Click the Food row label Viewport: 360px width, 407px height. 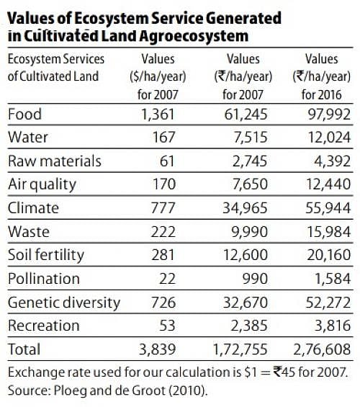[x=24, y=113]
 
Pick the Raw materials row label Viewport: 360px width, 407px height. [x=54, y=160]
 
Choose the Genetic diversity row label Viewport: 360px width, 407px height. [x=63, y=302]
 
